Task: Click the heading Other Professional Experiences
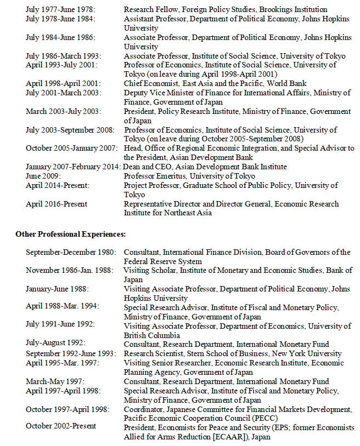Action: pos(71,234)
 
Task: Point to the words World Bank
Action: pos(290,83)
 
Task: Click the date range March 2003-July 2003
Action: pos(63,111)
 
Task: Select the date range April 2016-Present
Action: pos(56,204)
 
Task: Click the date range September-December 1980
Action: pos(71,252)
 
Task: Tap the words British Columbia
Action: pos(152,335)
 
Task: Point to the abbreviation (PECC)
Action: pos(264,418)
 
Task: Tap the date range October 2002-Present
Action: pos(61,426)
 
